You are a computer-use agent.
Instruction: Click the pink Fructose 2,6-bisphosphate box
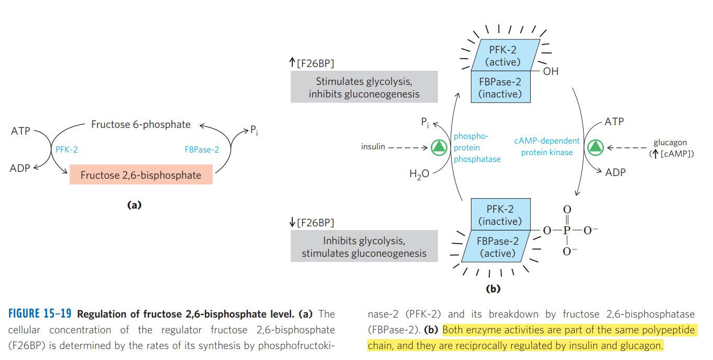click(x=140, y=175)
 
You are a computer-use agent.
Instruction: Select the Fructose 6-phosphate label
click(x=141, y=125)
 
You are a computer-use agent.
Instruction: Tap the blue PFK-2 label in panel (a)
click(x=67, y=149)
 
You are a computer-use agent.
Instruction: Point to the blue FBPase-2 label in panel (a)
click(x=202, y=149)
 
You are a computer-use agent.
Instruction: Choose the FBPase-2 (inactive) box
click(x=500, y=87)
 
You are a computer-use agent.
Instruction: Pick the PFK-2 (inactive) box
click(x=500, y=215)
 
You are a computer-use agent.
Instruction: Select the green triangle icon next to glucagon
click(x=594, y=147)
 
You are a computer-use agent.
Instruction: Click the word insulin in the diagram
click(x=372, y=147)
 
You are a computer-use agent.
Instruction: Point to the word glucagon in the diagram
click(x=670, y=142)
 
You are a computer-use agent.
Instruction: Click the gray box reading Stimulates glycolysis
click(x=365, y=88)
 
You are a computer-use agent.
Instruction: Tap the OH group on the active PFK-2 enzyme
click(x=551, y=72)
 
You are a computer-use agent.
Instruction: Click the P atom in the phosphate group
click(x=567, y=231)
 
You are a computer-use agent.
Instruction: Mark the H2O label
click(x=419, y=174)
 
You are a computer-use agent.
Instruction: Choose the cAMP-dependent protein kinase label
click(x=546, y=147)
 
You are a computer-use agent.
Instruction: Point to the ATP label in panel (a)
click(x=21, y=131)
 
